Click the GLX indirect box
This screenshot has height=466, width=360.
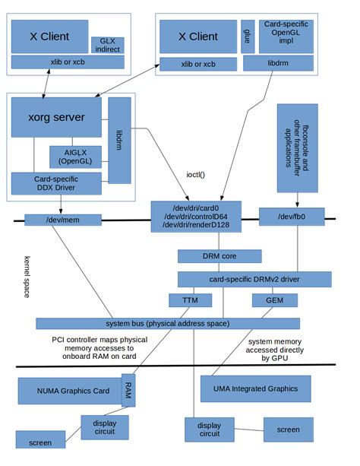[106, 45]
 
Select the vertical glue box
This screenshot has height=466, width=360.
[247, 36]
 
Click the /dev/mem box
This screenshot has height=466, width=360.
[63, 220]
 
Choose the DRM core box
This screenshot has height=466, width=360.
[219, 256]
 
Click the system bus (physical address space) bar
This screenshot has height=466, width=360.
[167, 323]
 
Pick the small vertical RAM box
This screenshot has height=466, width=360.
[128, 390]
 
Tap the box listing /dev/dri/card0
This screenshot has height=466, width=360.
[195, 215]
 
